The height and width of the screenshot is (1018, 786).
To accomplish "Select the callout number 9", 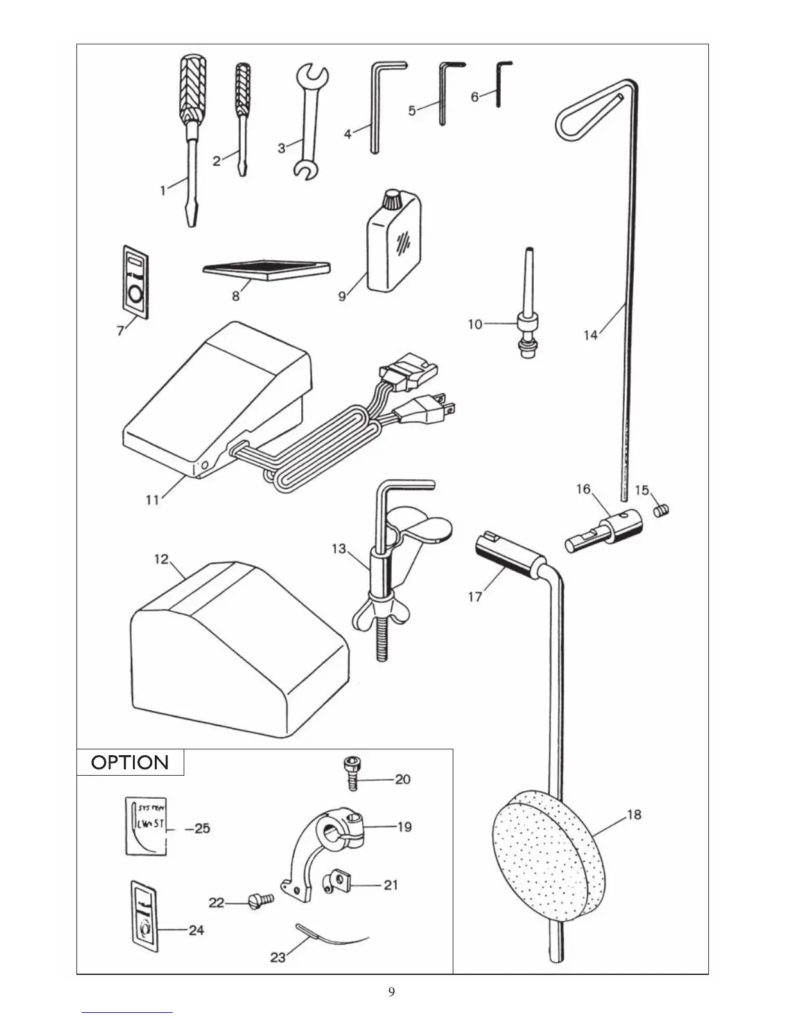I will click(x=342, y=296).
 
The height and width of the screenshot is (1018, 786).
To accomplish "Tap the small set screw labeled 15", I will click(x=661, y=510).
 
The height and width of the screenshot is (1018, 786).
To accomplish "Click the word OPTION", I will click(x=130, y=763).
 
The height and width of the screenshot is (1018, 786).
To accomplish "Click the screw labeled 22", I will click(x=261, y=900).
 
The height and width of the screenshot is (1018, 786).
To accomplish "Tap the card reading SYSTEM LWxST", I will click(x=148, y=826).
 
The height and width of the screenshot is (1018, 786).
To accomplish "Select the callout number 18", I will click(x=634, y=814).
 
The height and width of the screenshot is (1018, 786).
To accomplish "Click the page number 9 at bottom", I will click(x=392, y=992).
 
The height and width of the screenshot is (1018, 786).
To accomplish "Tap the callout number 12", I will click(x=161, y=559).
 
